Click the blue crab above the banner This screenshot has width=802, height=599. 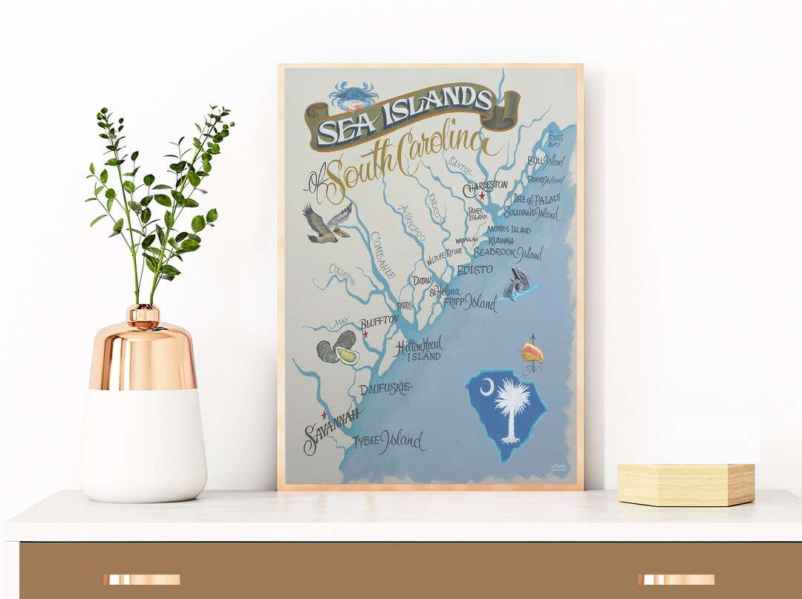click(353, 94)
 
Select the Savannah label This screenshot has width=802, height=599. click(331, 430)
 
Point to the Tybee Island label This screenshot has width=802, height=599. click(388, 441)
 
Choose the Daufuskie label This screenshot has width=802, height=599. click(384, 389)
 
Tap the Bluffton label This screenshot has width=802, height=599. click(379, 323)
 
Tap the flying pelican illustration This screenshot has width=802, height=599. click(326, 223)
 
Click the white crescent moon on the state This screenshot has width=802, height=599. click(487, 386)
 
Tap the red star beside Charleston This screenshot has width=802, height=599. click(482, 196)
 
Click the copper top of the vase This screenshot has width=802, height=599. click(143, 349)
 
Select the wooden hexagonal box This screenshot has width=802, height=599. click(685, 485)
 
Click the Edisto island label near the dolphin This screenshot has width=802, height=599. click(475, 269)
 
